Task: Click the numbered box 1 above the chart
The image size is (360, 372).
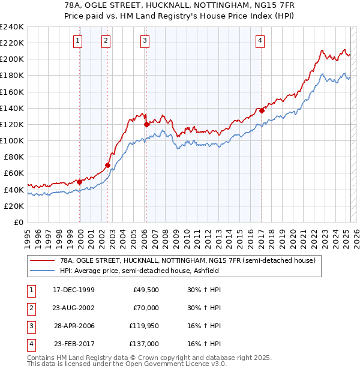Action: (x=79, y=41)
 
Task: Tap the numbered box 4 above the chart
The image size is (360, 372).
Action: (x=260, y=41)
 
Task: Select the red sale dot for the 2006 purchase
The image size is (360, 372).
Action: (x=146, y=125)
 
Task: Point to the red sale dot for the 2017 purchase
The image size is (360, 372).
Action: (x=262, y=110)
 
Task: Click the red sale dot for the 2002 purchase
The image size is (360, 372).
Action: (x=108, y=165)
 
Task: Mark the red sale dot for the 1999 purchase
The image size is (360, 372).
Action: (x=80, y=182)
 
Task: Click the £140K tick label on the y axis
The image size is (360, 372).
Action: (x=12, y=108)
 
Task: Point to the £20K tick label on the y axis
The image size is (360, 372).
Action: (x=14, y=206)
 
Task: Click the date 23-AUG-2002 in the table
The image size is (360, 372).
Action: (x=74, y=308)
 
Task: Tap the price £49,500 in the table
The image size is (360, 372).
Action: (x=146, y=290)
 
